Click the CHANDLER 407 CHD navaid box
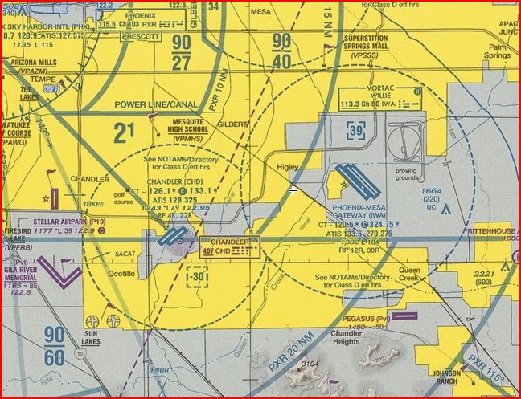(x=230, y=246)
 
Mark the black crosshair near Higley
(x=293, y=190)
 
